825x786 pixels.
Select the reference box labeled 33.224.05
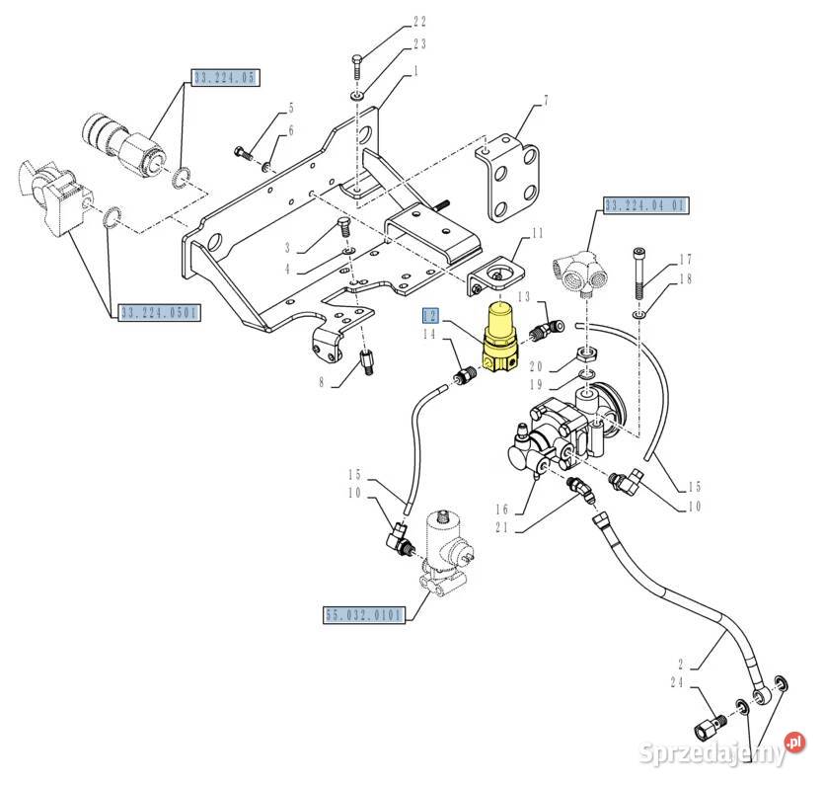(x=225, y=77)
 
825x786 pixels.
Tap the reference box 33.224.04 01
(x=645, y=206)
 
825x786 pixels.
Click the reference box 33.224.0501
(x=159, y=313)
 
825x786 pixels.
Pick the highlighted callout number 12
(x=429, y=316)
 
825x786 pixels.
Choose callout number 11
(x=537, y=233)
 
